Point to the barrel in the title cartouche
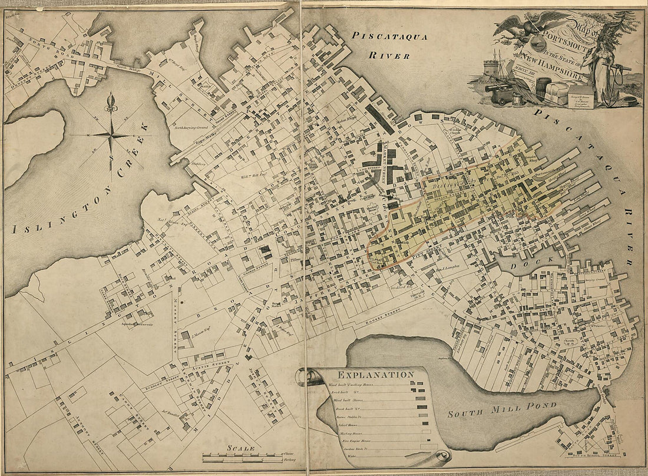(x=543, y=87)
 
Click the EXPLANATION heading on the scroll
(x=375, y=375)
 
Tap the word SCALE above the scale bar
(x=241, y=448)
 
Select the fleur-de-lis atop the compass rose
(x=110, y=104)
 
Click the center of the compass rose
(x=111, y=135)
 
